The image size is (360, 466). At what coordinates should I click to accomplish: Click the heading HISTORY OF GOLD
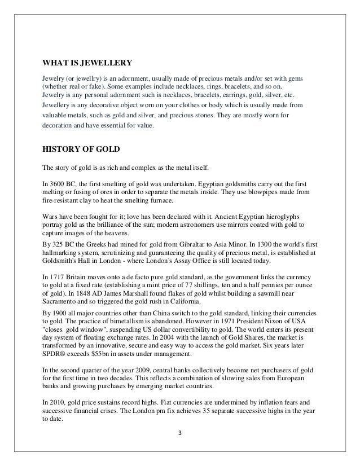pos(78,150)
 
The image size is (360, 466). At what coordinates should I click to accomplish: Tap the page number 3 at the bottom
pos(180,450)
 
